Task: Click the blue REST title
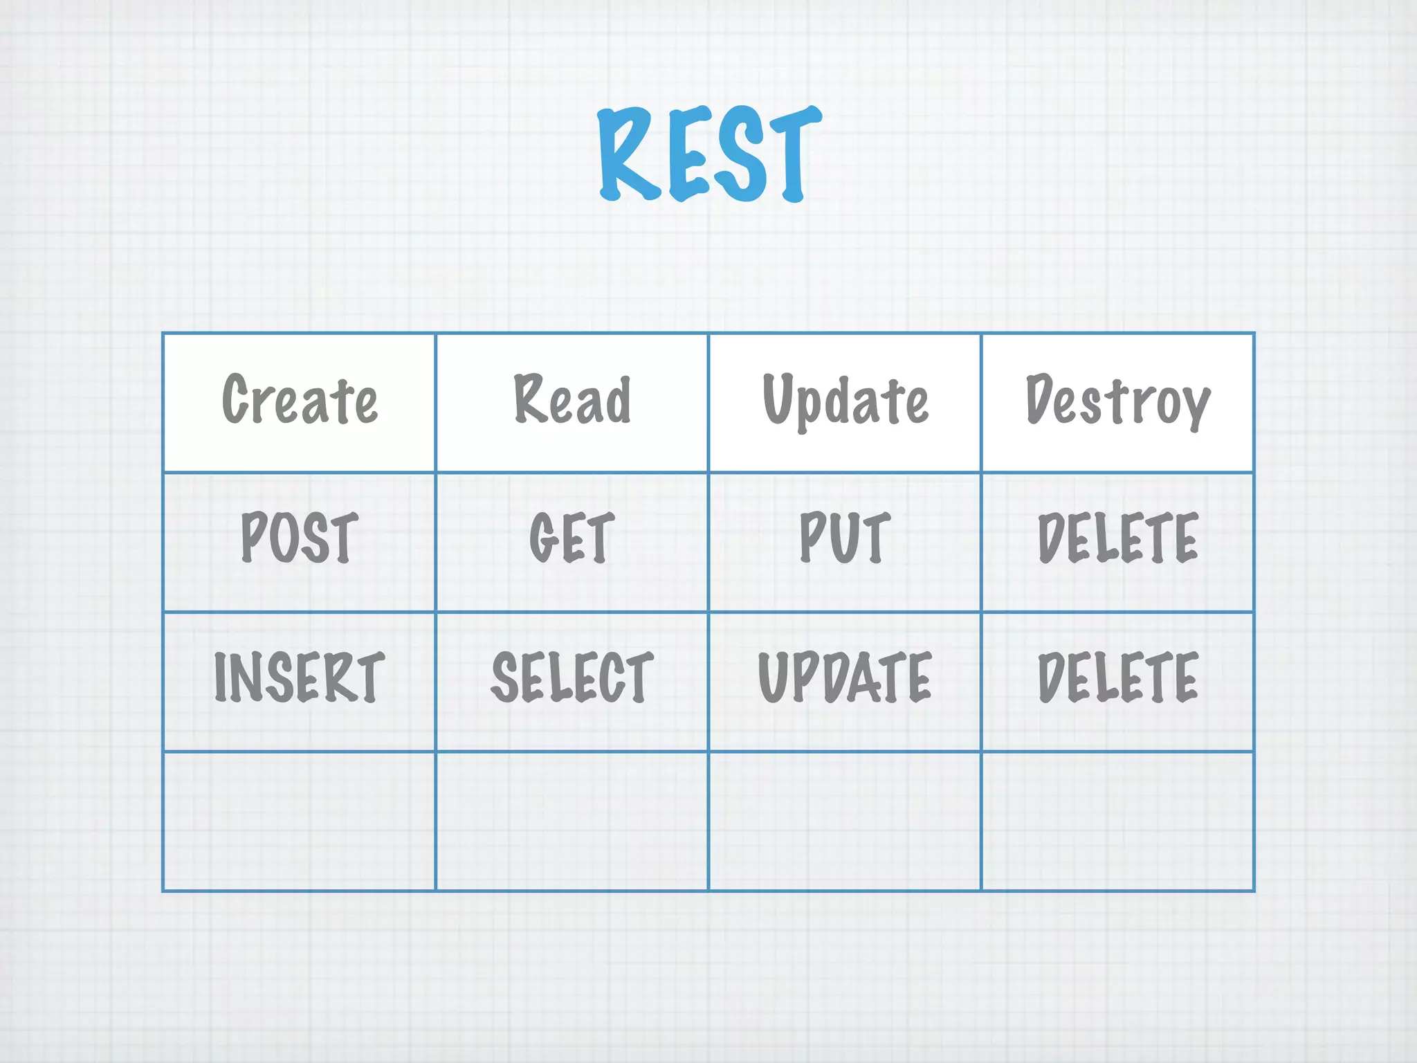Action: click(x=709, y=154)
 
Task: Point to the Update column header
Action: click(x=845, y=401)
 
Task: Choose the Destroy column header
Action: click(x=1117, y=401)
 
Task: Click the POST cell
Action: click(x=300, y=538)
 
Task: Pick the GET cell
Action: click(x=572, y=538)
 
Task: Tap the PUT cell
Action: click(x=845, y=538)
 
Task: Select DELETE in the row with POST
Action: click(x=1117, y=538)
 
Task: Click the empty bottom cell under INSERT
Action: click(x=300, y=821)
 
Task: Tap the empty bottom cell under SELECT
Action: click(x=572, y=821)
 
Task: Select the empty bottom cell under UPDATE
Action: click(x=845, y=821)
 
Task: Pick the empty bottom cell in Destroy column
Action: click(x=1117, y=821)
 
